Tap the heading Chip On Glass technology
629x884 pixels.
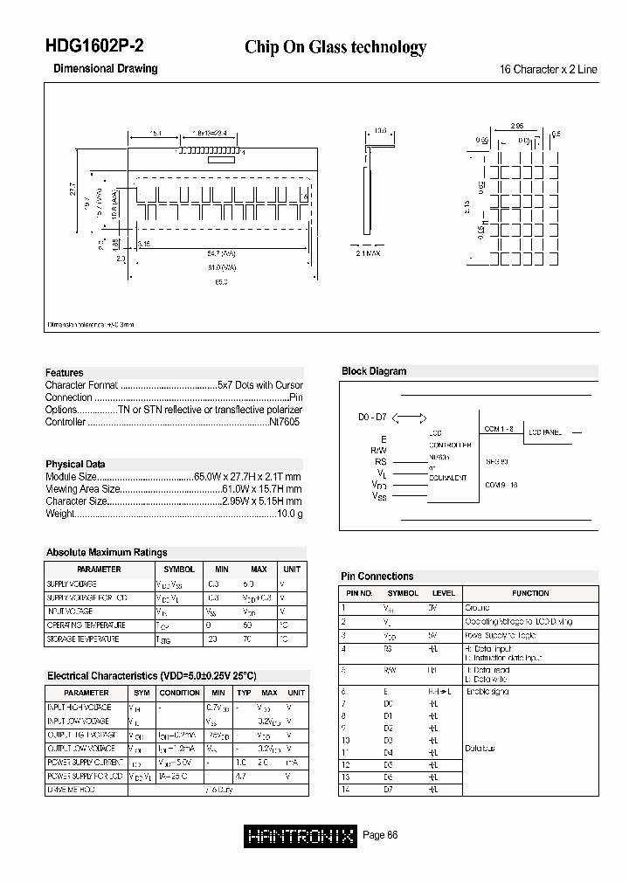click(x=335, y=47)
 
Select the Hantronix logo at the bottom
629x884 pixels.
click(x=300, y=836)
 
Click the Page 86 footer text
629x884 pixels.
click(x=380, y=836)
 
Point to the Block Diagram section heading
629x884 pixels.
click(x=374, y=371)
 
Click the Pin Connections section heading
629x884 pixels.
click(x=377, y=577)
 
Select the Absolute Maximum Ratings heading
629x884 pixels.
click(x=107, y=552)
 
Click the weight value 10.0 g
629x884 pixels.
click(x=289, y=515)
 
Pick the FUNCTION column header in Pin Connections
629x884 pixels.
click(x=530, y=593)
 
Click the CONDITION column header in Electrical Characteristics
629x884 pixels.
click(x=180, y=693)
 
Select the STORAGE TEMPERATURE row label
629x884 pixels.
click(x=86, y=639)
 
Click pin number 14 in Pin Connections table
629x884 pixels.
click(x=347, y=789)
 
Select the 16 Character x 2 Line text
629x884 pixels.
click(x=548, y=69)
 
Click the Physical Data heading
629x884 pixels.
click(x=75, y=464)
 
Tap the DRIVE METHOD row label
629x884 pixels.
click(x=73, y=790)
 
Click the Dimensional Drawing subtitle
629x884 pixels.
click(x=106, y=68)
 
